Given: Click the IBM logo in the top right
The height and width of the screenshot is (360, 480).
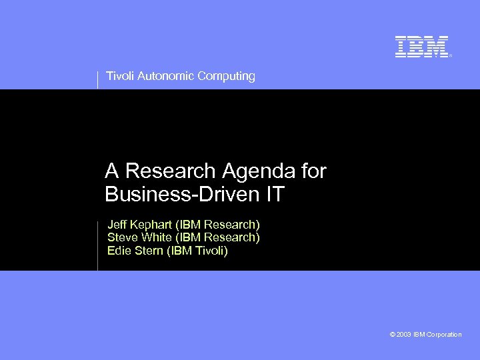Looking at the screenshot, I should (421, 47).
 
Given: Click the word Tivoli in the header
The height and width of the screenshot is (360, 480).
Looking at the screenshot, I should (119, 76).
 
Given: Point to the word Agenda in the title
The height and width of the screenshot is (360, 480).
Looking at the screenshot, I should (259, 172).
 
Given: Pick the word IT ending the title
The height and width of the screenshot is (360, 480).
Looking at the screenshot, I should (275, 195).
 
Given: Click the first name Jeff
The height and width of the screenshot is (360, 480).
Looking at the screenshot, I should (117, 224).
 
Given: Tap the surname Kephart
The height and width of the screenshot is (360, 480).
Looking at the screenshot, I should (151, 225).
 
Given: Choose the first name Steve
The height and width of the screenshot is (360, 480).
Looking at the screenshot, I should (123, 237).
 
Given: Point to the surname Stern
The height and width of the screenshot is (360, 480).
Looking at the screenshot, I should (148, 251).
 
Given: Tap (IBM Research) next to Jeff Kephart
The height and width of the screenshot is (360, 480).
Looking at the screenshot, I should (217, 224).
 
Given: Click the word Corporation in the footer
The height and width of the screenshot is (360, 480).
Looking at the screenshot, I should (444, 335).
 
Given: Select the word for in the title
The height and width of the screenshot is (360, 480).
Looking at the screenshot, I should (313, 171).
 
